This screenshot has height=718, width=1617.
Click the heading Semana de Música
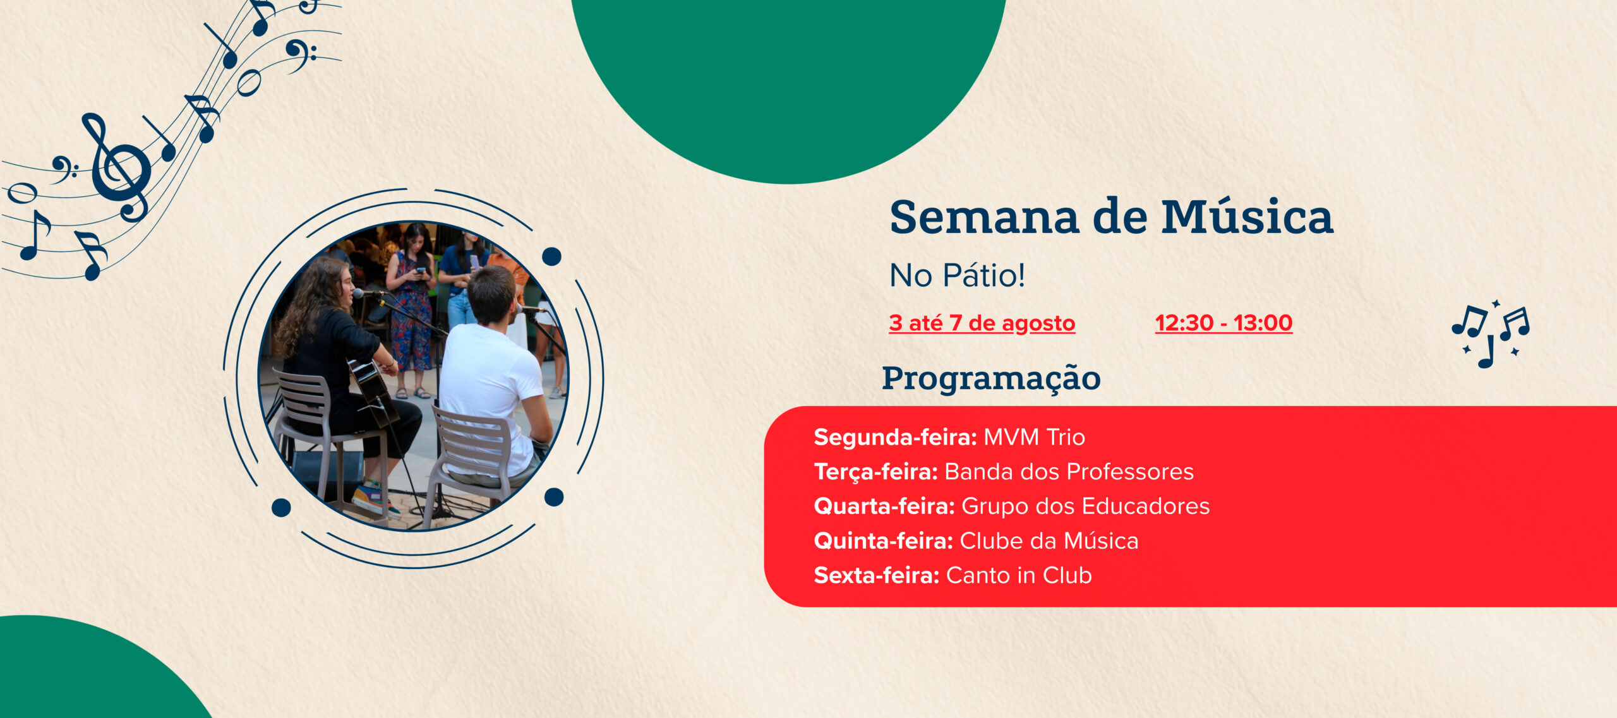[x=1111, y=217]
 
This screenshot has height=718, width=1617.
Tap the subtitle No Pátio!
[x=957, y=275]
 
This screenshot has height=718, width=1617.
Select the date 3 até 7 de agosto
[x=982, y=323]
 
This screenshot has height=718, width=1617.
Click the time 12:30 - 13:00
[x=1223, y=323]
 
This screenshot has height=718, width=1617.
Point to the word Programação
[x=991, y=379]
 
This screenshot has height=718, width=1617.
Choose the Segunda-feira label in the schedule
[x=895, y=437]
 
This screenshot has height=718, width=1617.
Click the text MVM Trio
[x=1035, y=437]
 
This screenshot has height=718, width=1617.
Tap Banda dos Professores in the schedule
[x=1069, y=472]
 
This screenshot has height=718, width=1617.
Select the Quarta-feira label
[x=884, y=506]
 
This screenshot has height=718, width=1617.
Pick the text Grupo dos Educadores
[x=1085, y=506]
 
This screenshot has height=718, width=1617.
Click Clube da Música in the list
[x=1049, y=541]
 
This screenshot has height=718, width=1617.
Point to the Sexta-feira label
[x=877, y=575]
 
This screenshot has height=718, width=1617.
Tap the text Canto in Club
[x=1019, y=575]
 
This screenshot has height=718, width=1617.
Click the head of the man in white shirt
[x=491, y=296]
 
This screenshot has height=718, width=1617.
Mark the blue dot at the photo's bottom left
[x=281, y=508]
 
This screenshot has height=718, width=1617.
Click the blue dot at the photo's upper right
[x=551, y=256]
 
